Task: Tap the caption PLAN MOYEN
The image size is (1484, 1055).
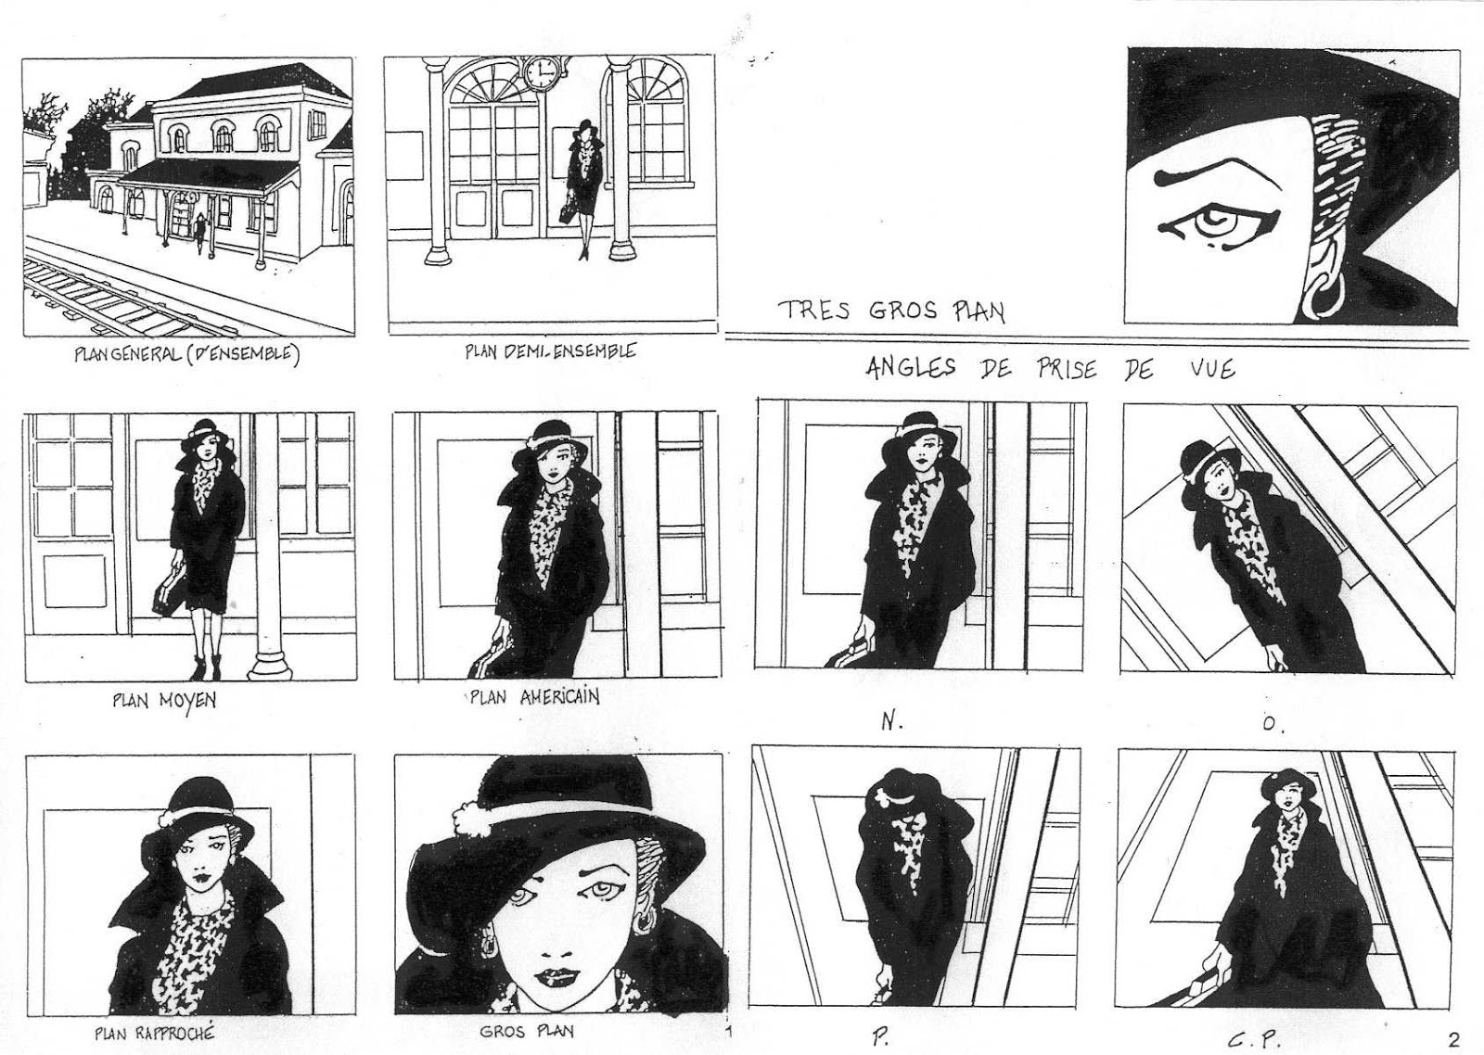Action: (x=164, y=700)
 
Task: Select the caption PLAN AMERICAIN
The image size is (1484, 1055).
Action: (x=534, y=697)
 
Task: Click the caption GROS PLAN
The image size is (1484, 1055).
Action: (x=526, y=1031)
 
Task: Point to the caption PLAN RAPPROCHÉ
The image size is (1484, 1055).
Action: (x=154, y=1033)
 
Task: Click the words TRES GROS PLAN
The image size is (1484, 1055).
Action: (x=891, y=311)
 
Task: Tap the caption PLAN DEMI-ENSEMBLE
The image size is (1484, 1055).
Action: (x=550, y=351)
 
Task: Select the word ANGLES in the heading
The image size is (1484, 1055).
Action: (x=910, y=368)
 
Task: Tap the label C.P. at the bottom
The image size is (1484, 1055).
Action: (x=1248, y=1040)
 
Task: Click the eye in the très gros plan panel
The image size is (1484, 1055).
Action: (x=1218, y=225)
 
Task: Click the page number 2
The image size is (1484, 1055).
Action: (x=1454, y=1037)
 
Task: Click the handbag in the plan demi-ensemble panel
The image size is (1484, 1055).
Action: (x=568, y=210)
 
